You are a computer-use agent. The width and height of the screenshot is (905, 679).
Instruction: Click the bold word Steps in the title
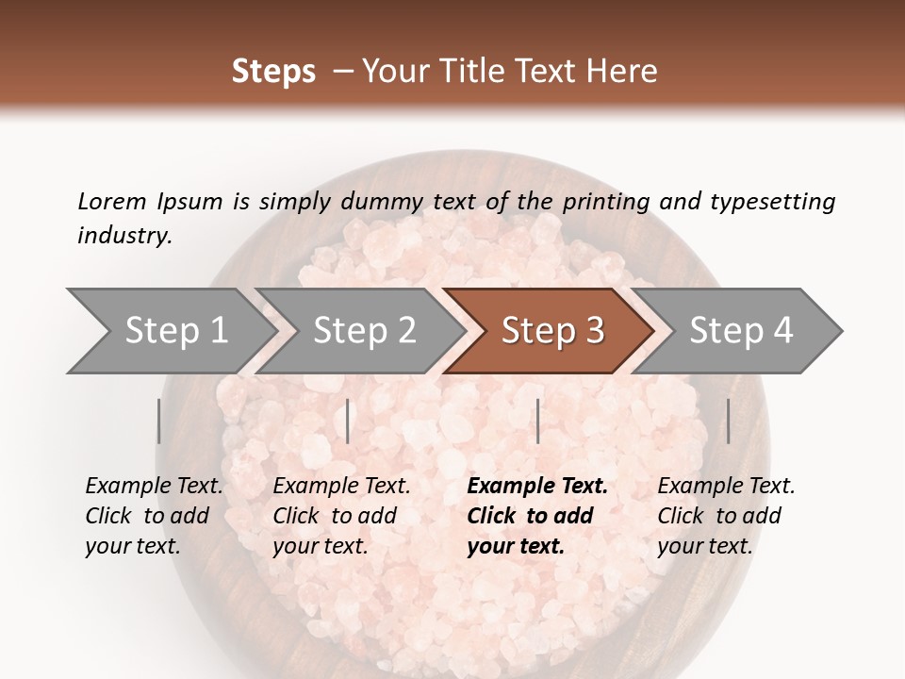pyautogui.click(x=273, y=72)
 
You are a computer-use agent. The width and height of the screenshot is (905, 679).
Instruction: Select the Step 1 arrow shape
pyautogui.click(x=170, y=330)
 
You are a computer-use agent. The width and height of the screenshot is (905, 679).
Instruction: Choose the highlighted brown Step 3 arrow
pyautogui.click(x=551, y=330)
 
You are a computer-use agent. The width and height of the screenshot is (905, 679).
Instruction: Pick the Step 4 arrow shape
pyautogui.click(x=740, y=330)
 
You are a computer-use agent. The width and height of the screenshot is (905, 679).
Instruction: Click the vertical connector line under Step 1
pyautogui.click(x=159, y=421)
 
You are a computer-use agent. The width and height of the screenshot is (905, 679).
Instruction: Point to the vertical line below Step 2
pyautogui.click(x=348, y=421)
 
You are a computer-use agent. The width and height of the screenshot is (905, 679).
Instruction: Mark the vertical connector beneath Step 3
pyautogui.click(x=538, y=421)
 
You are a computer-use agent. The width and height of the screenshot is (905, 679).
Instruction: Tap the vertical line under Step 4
pyautogui.click(x=728, y=421)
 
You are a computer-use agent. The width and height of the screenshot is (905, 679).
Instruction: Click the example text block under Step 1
pyautogui.click(x=154, y=516)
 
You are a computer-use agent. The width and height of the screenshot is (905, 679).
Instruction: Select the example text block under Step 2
pyautogui.click(x=341, y=516)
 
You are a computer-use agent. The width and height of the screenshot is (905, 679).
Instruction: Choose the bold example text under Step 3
pyautogui.click(x=537, y=516)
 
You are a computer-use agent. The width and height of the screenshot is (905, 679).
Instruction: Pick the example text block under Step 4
pyautogui.click(x=726, y=516)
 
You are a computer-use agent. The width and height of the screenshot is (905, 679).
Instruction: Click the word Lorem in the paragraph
pyautogui.click(x=111, y=202)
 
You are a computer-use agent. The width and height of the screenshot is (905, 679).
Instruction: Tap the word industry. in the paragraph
pyautogui.click(x=124, y=236)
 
